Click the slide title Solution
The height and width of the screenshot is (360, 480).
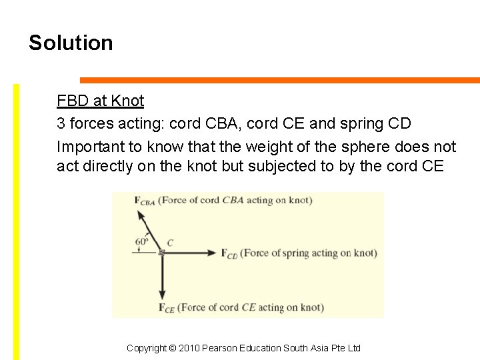(x=71, y=43)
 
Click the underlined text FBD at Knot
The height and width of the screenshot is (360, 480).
(x=100, y=101)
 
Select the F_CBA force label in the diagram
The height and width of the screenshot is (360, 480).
(x=145, y=200)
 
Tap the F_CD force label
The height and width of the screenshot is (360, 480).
(x=229, y=253)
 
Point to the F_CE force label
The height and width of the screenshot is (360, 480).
(x=167, y=307)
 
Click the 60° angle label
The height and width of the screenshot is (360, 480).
(x=142, y=241)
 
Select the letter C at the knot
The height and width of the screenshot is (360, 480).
(x=170, y=243)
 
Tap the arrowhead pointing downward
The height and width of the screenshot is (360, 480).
(x=161, y=295)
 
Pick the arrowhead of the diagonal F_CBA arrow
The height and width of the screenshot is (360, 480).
(x=141, y=215)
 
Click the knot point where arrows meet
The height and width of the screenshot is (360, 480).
(x=161, y=253)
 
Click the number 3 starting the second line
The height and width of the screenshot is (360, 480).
(x=61, y=124)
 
